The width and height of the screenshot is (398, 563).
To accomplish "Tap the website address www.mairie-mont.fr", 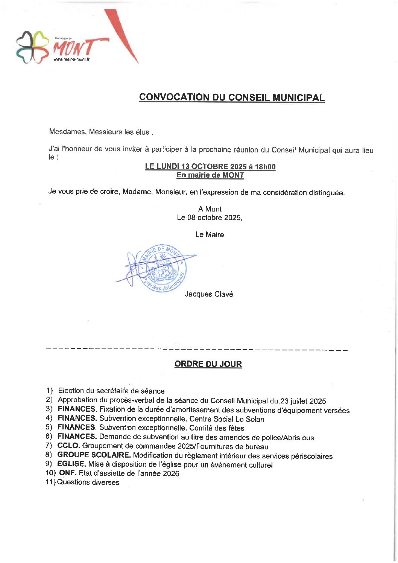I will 71,59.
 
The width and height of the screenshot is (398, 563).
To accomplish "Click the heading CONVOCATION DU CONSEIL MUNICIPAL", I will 232,97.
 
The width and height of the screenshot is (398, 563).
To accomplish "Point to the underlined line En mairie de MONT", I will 210,175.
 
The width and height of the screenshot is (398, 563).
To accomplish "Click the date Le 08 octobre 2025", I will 209,218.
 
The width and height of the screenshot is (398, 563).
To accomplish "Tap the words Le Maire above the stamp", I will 210,234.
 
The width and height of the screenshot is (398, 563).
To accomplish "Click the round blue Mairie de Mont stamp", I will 163,268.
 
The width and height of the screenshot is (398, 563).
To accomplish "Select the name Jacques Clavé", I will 209,294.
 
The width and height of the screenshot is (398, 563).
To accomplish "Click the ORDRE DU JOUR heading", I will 208,364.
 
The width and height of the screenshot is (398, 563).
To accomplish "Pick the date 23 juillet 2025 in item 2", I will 303,401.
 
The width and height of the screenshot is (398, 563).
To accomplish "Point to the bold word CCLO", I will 68,446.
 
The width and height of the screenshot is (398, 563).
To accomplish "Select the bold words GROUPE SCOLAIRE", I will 94,455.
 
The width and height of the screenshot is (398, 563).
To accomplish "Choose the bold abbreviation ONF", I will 68,473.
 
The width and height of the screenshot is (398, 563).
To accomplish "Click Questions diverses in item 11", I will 88,482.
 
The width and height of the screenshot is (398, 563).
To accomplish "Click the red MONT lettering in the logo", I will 74,48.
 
